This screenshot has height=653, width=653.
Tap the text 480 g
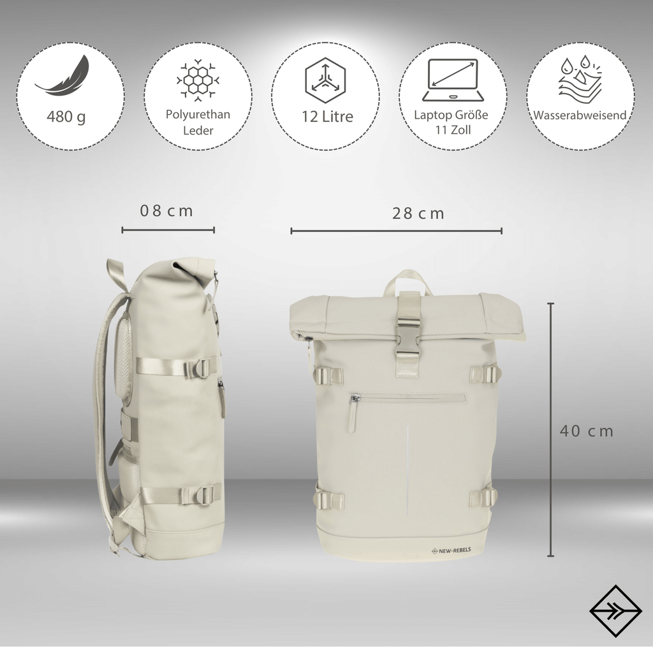pyautogui.click(x=66, y=117)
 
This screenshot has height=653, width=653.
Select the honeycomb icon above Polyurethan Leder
pyautogui.click(x=198, y=80)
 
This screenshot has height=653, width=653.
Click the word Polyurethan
pyautogui.click(x=198, y=115)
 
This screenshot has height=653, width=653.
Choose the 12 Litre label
pyautogui.click(x=327, y=116)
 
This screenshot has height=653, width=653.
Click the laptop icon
pyautogui.click(x=453, y=80)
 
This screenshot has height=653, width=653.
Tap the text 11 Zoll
pyautogui.click(x=453, y=130)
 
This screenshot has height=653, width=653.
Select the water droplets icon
pyautogui.click(x=580, y=80)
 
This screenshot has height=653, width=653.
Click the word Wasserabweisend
pyautogui.click(x=580, y=115)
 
